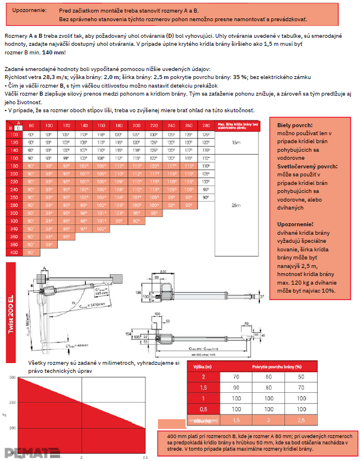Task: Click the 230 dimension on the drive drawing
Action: [x=164, y=271]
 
